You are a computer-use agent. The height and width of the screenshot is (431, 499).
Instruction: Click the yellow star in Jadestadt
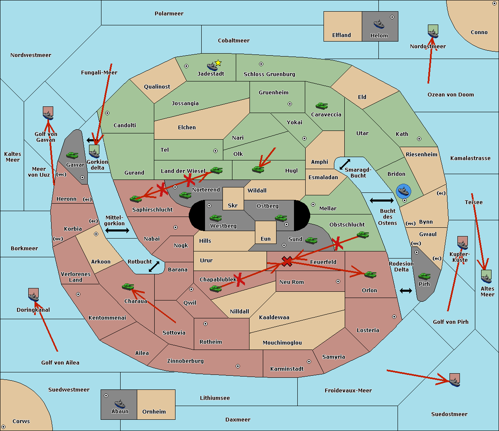pos(218,63)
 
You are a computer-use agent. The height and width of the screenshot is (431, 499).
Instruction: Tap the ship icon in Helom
pos(379,24)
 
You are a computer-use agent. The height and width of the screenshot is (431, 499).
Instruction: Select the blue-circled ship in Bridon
pos(403,191)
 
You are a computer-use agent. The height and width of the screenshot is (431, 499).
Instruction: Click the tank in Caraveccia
pos(321,106)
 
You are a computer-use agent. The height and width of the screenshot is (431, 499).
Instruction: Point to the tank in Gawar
pos(72,155)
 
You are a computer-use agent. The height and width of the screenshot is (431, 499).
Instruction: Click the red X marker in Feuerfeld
pos(287,261)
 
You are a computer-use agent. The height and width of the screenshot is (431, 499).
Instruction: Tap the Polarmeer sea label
pos(169,14)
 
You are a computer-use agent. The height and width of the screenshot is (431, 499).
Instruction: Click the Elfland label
pos(341,35)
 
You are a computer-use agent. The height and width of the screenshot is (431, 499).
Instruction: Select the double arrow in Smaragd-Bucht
pos(345,165)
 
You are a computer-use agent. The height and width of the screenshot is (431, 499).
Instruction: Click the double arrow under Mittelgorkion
pos(117,230)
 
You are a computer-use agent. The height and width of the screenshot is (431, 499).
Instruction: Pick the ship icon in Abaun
pos(120,404)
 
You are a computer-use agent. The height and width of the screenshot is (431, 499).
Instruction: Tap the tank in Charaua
pos(128,286)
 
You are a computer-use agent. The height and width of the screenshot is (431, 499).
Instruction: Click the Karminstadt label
pos(287,369)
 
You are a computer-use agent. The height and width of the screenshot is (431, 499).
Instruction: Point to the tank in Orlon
pos(370,274)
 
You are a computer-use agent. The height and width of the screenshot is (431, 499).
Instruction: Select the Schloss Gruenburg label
pos(269,74)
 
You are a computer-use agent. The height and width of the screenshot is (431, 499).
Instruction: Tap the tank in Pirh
pos(425,276)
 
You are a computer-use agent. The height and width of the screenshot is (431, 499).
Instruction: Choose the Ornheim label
pos(154,412)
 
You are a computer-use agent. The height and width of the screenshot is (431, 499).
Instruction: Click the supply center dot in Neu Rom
pos(338,281)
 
